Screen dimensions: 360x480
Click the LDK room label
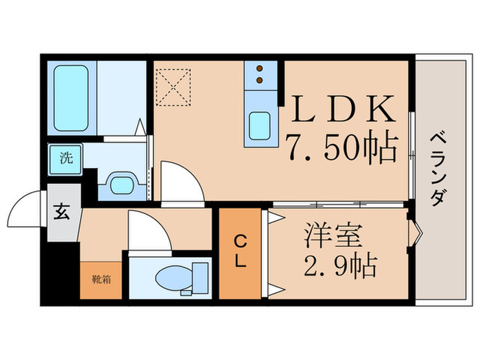[344, 108]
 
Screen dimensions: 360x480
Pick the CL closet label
[240, 252]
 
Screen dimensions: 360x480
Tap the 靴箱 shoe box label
[101, 280]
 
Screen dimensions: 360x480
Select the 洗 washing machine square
[66, 158]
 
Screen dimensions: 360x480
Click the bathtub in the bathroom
[71, 97]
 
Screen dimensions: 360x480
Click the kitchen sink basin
[261, 126]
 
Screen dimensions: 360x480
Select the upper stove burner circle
[261, 69]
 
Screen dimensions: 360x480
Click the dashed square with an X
[173, 86]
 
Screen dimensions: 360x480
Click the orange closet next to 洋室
[240, 252]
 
